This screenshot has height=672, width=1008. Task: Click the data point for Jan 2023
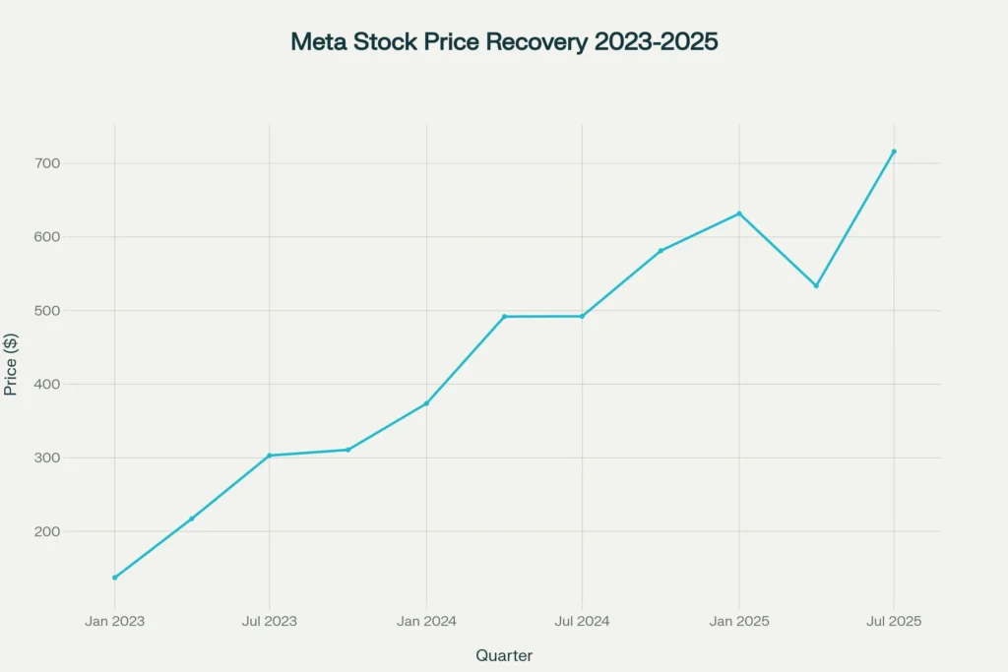114,578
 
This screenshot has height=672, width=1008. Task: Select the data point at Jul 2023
270,456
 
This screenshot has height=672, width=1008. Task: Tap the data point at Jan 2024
426,403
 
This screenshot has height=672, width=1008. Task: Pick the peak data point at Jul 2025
894,152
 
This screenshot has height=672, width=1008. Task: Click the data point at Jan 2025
739,214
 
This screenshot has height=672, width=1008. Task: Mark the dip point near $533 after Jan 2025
816,286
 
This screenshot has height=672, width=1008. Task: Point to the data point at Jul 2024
582,316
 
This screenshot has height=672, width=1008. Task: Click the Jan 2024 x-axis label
426,621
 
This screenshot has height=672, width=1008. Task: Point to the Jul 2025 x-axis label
894,621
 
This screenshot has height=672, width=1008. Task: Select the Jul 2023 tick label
270,621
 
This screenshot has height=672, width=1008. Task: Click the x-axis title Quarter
504,655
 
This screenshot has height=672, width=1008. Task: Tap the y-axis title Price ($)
12,364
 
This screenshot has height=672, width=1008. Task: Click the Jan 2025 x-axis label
739,621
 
